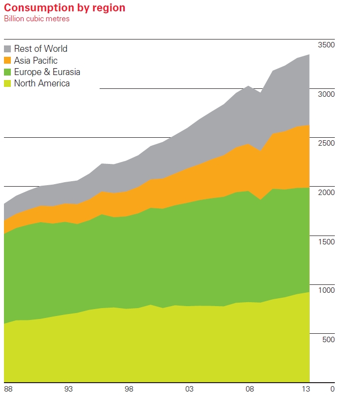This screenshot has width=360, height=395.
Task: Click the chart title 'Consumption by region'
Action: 65,8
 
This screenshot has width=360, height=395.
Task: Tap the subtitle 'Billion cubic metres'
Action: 37,19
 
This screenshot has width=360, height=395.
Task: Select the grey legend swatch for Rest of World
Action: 7,49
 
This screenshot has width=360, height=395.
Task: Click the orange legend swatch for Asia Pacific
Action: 7,61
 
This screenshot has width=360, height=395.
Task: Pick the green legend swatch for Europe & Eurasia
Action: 7,72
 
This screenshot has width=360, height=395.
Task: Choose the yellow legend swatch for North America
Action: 7,83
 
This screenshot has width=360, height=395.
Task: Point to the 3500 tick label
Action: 326,45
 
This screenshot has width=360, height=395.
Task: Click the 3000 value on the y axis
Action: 326,94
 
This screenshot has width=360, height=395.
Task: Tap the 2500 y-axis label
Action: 326,143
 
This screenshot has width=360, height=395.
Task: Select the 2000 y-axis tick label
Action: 326,192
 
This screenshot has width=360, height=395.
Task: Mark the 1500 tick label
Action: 326,241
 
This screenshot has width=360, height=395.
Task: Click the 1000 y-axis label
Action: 326,290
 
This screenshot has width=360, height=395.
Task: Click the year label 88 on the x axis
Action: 8,389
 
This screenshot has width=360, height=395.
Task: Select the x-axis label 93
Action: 69,389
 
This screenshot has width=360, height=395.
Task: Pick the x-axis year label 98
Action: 129,389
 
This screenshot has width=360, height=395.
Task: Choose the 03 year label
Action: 189,389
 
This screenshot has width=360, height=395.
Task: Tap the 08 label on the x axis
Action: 250,389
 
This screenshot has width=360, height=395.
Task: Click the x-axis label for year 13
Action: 306,389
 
